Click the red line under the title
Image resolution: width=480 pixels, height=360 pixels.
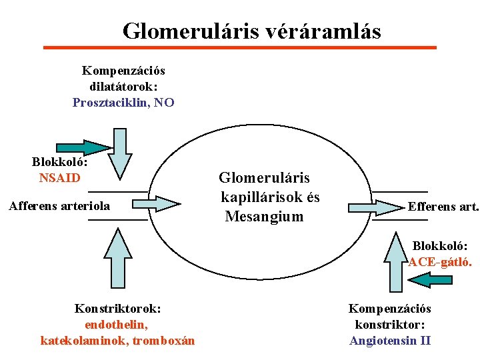coord(239,47)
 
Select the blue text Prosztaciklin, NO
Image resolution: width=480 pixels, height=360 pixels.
coord(123,103)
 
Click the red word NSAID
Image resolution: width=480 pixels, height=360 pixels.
coord(59,178)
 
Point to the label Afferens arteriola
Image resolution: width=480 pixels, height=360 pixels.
coord(59,206)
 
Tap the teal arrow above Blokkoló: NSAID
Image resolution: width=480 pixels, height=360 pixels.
coord(83,147)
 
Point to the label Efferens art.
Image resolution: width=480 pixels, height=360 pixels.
coord(443,207)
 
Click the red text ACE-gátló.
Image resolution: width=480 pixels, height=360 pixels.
coord(441,262)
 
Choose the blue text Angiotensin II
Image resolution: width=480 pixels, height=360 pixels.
coord(390,341)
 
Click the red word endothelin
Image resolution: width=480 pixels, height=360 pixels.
coord(117,325)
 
